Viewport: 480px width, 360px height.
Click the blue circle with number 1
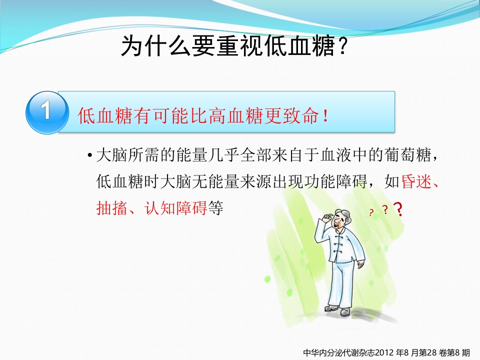pos(46,112)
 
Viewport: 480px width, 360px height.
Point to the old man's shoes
pos(338,310)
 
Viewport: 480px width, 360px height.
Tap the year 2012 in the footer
pos(382,352)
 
